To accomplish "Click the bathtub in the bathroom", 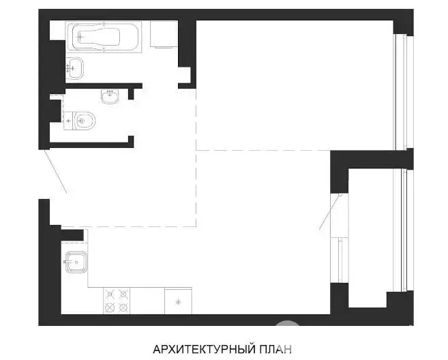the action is (104, 37).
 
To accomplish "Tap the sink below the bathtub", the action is (74, 67).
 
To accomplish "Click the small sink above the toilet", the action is (110, 96).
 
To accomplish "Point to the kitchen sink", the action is (76, 262).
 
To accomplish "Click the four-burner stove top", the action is (117, 301).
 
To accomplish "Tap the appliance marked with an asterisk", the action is (178, 301).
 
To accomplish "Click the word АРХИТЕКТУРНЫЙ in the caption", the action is (204, 349).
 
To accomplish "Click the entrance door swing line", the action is (56, 171).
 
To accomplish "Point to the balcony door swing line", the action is (330, 212).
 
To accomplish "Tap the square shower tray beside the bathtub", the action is (164, 34).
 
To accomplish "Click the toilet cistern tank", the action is (68, 121).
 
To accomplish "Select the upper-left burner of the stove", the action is (110, 294).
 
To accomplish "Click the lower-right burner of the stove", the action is (123, 307).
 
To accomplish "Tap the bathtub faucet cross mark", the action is (80, 37).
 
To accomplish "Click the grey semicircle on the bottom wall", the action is (288, 323).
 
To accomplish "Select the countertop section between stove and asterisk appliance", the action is (147, 301).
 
